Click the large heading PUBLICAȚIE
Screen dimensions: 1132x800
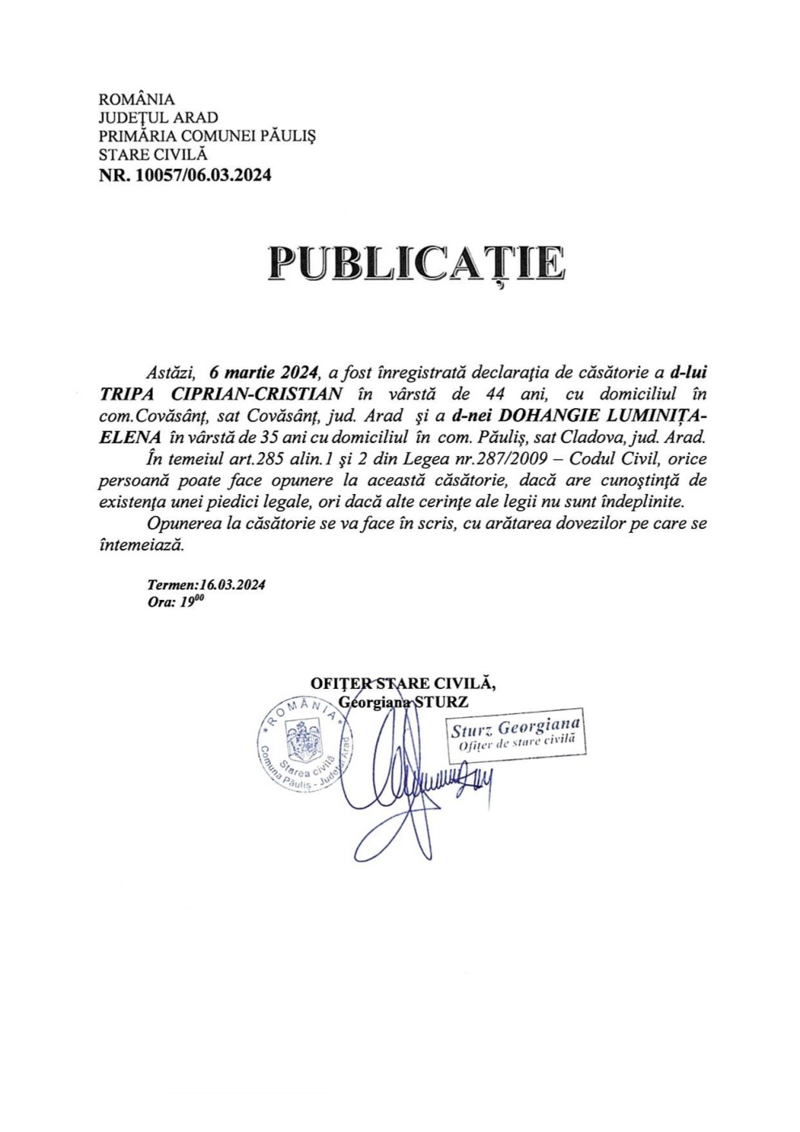[417, 264]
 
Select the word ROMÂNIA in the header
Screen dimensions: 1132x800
[136, 99]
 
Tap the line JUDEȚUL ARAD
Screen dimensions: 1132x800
[158, 118]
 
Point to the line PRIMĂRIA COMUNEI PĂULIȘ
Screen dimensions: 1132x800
[206, 137]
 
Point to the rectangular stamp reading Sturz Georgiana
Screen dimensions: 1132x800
[515, 734]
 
